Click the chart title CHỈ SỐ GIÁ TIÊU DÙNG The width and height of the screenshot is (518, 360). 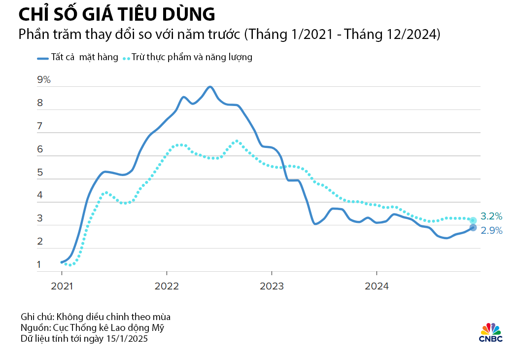[x=117, y=14]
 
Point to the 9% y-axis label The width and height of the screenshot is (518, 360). [x=44, y=80]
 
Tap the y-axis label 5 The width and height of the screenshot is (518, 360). [x=39, y=173]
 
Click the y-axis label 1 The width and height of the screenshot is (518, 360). [x=39, y=265]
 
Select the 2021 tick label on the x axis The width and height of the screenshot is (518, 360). [x=62, y=286]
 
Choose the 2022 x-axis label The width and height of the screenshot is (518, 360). [x=167, y=286]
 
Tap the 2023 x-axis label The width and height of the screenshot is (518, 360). [x=272, y=286]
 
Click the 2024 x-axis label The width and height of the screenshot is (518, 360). [x=377, y=286]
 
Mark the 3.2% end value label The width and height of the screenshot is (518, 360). [x=491, y=216]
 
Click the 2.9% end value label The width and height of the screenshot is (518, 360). [x=491, y=230]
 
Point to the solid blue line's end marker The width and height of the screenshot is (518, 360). [x=473, y=227]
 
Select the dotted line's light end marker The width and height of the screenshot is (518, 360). [x=473, y=220]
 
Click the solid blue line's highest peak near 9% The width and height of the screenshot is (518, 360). [x=210, y=87]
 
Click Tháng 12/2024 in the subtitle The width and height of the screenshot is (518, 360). [x=389, y=35]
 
